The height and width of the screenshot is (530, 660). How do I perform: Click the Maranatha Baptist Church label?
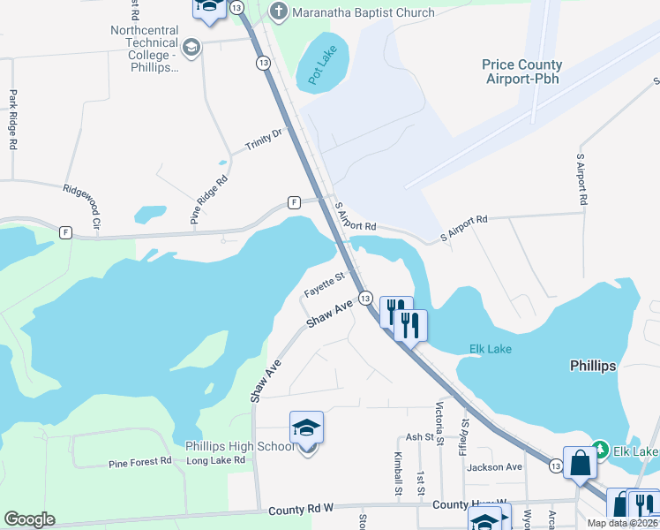pyautogui.click(x=364, y=12)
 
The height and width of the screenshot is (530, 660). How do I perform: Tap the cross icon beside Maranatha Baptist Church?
pyautogui.click(x=279, y=11)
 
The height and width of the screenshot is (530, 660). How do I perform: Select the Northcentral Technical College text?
pyautogui.click(x=145, y=43)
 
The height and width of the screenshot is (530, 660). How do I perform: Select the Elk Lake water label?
pyautogui.click(x=484, y=349)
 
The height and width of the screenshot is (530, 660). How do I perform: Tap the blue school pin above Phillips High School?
pyautogui.click(x=306, y=428)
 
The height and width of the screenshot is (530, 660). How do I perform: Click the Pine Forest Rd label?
pyautogui.click(x=139, y=463)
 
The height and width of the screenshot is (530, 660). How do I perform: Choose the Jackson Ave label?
pyautogui.click(x=495, y=467)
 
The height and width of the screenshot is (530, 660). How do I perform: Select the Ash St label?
pyautogui.click(x=420, y=437)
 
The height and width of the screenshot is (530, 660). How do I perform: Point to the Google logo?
pyautogui.click(x=29, y=519)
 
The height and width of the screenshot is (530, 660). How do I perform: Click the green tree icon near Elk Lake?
pyautogui.click(x=600, y=450)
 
